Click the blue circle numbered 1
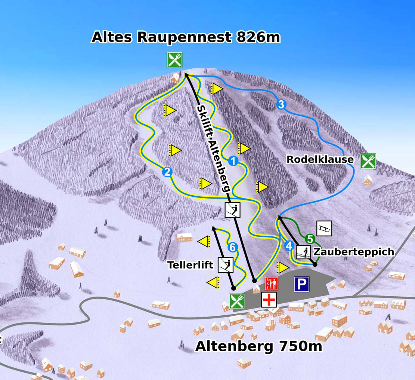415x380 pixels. [x=233, y=161]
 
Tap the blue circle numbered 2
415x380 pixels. [x=167, y=172]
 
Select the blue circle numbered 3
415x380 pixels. [x=281, y=105]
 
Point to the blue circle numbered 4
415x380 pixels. [x=289, y=246]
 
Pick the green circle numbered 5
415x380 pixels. [x=309, y=238]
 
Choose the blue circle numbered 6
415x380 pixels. [x=232, y=247]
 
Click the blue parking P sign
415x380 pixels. [x=302, y=284]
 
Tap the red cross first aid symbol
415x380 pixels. [x=269, y=300]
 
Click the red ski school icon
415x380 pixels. [x=272, y=284]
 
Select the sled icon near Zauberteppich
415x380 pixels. [x=324, y=229]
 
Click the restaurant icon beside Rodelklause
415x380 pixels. [x=368, y=161]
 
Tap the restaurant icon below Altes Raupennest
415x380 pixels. [x=174, y=60]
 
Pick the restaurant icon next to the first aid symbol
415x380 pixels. [x=237, y=301]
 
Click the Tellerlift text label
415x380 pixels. [x=190, y=265]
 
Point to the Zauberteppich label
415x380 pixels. [x=354, y=252]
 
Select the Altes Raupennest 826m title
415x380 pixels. [x=186, y=37]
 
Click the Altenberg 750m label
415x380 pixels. [x=258, y=346]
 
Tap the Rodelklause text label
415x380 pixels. [x=320, y=159]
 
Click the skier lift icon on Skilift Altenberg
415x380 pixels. [x=233, y=210]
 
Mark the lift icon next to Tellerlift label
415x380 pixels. [x=226, y=264]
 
